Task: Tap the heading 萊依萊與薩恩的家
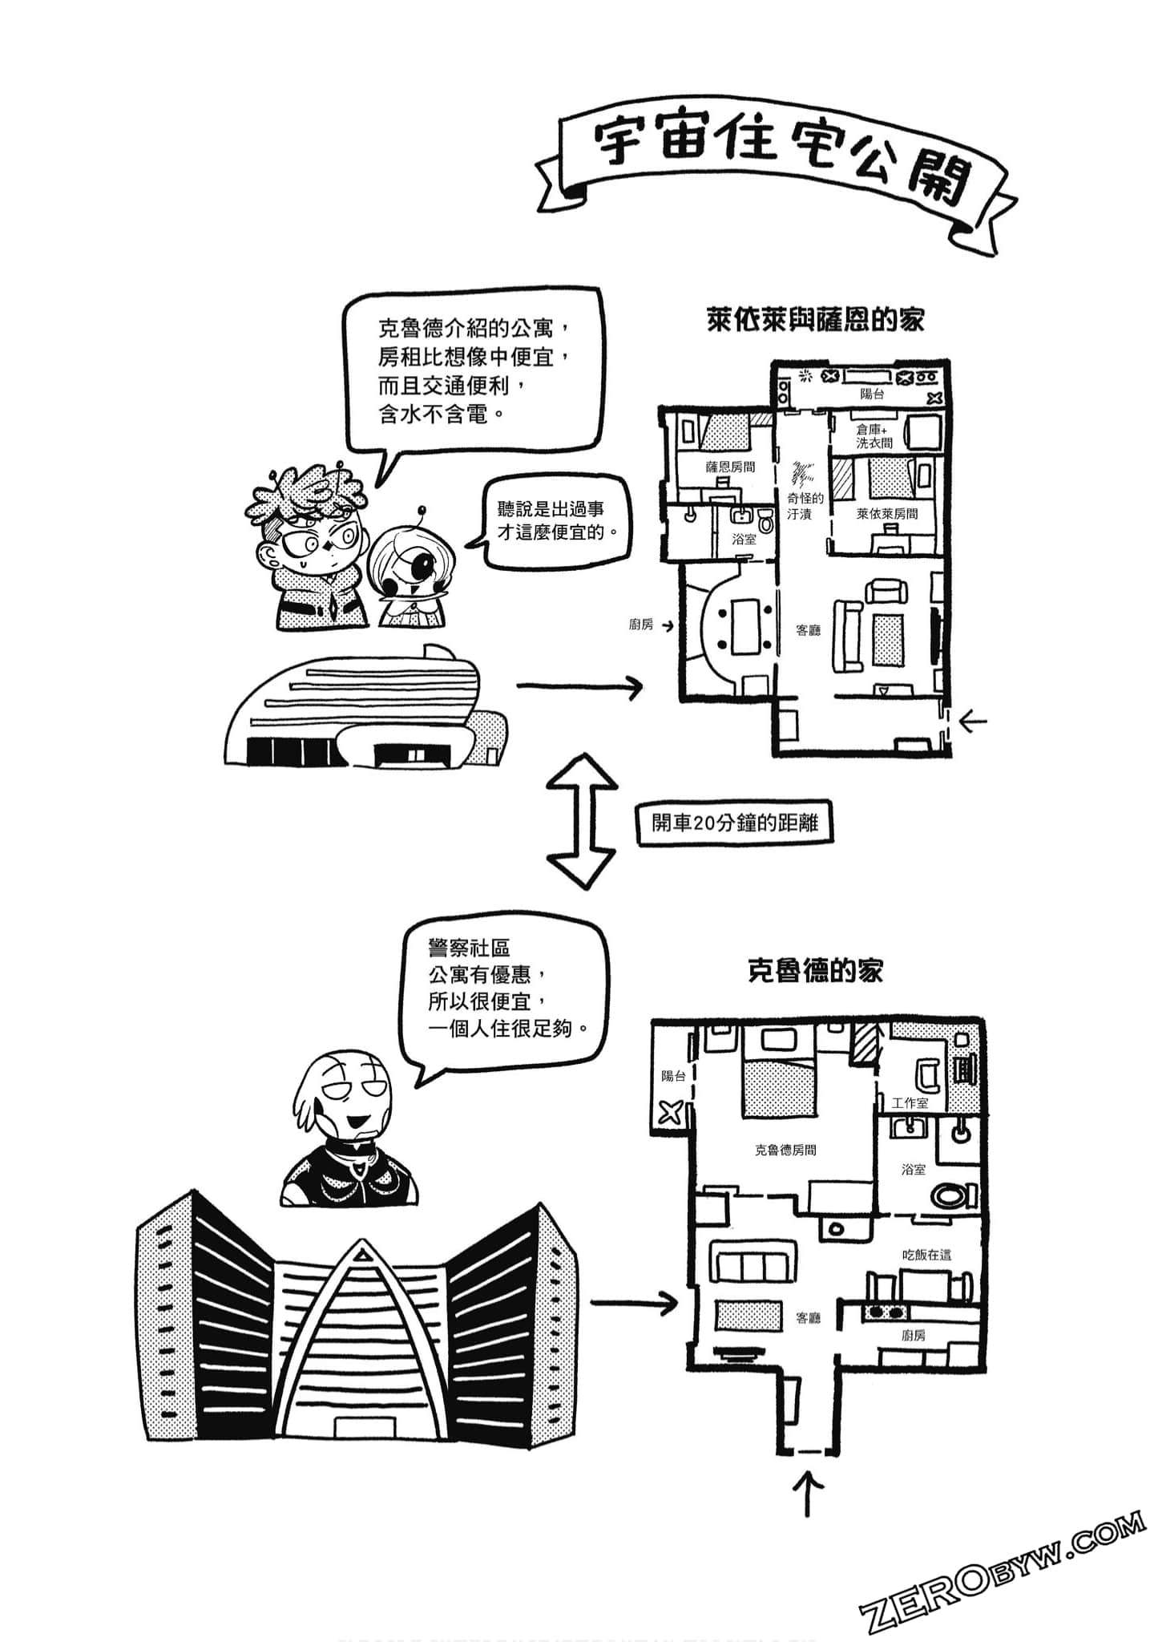pyautogui.click(x=815, y=320)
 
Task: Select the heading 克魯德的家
pyautogui.click(x=814, y=971)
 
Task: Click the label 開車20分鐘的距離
pyautogui.click(x=734, y=823)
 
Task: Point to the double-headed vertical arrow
pyautogui.click(x=583, y=823)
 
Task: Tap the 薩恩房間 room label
pyautogui.click(x=729, y=467)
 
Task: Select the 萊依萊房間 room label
pyautogui.click(x=886, y=514)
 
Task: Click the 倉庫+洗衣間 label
pyautogui.click(x=874, y=436)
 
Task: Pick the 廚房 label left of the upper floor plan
pyautogui.click(x=640, y=624)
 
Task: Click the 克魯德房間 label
pyautogui.click(x=785, y=1150)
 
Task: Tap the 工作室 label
pyautogui.click(x=910, y=1103)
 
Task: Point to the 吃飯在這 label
pyautogui.click(x=926, y=1255)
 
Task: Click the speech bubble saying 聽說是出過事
pyautogui.click(x=550, y=522)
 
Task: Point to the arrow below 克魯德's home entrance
pyautogui.click(x=810, y=1493)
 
